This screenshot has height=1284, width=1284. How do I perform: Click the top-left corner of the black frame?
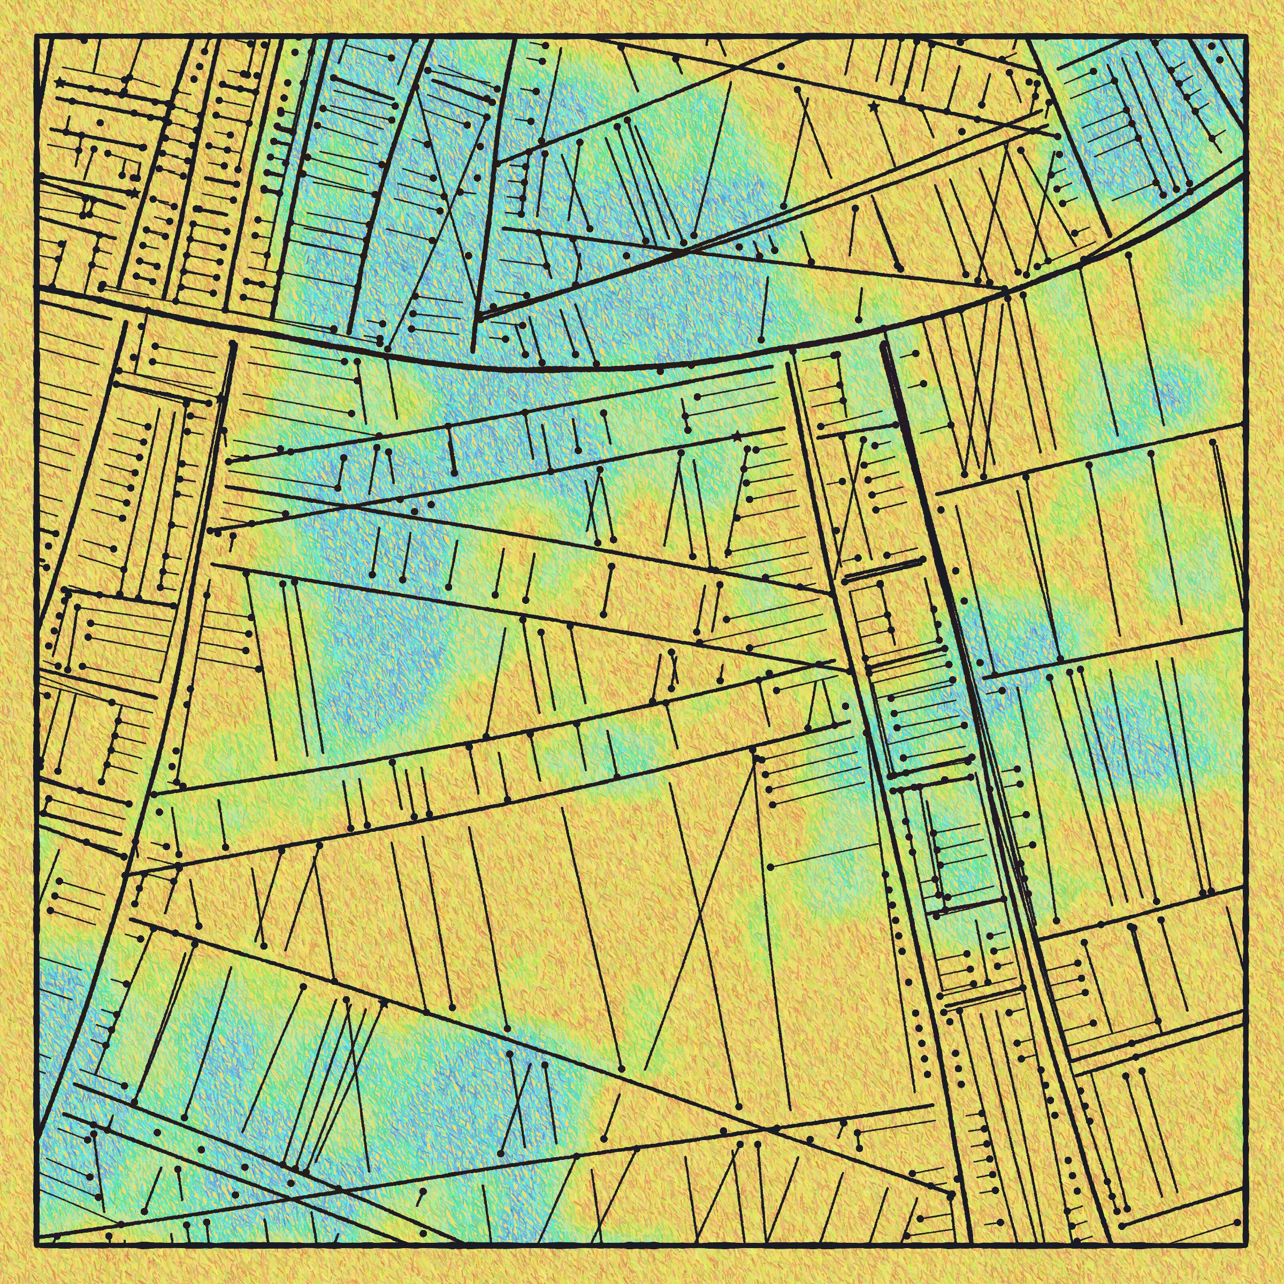36,36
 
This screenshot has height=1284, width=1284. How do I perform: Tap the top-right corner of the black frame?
1247,36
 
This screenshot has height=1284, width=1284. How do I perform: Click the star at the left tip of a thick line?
61,83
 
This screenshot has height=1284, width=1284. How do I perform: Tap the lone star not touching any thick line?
873,106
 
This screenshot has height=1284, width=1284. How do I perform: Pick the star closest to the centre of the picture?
737,437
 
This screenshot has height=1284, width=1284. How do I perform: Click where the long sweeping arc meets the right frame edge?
1247,174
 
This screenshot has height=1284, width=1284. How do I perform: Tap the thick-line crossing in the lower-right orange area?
771,1129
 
